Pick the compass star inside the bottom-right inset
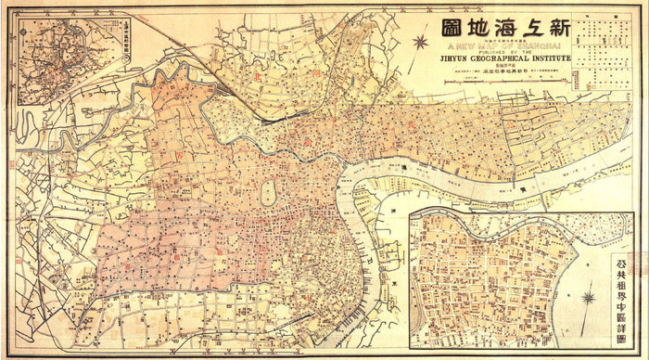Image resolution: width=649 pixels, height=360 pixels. (588, 298)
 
